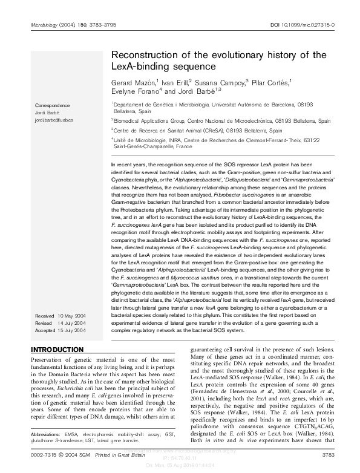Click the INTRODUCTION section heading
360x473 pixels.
pos(57,350)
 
